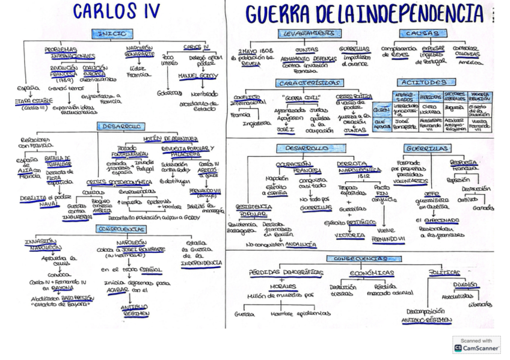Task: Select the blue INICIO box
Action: pos(111,34)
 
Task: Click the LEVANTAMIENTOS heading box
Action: pos(309,34)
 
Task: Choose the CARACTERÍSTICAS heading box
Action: pos(310,82)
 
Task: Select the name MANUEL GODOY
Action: pos(198,76)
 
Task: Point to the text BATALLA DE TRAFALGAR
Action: pos(58,161)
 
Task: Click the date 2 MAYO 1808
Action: pos(251,50)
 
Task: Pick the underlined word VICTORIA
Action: pos(351,235)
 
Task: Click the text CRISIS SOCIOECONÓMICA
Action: pos(120,182)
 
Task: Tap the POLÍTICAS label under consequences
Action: pos(444,272)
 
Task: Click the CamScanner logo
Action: pos(477,345)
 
